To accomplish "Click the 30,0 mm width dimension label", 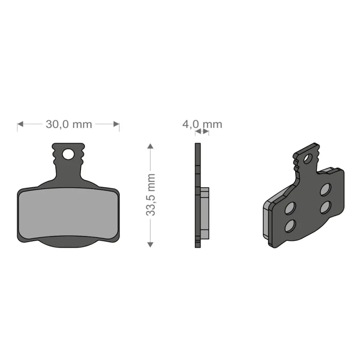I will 68,124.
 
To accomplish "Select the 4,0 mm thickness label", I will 202,124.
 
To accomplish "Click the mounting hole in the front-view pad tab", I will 68,154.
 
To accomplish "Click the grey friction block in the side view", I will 205,214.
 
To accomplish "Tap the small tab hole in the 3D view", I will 307,159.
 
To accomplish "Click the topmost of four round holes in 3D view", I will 325,189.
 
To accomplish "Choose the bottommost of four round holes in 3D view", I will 290,225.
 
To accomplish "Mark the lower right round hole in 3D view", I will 325,207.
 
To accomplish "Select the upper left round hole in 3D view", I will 290,208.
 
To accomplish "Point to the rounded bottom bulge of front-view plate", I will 67,242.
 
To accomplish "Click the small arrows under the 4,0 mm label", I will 202,132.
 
